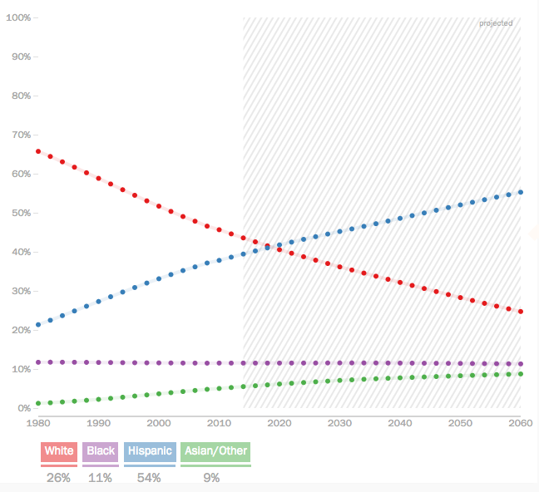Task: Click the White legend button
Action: click(x=59, y=451)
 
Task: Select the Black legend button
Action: click(x=101, y=451)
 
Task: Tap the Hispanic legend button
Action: click(x=150, y=451)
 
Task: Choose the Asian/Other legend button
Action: click(x=215, y=451)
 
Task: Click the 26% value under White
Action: click(x=59, y=478)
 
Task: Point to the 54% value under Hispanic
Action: click(x=150, y=478)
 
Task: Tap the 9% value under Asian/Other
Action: click(x=211, y=478)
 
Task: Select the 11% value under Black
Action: click(x=101, y=478)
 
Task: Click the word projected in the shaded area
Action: click(x=496, y=23)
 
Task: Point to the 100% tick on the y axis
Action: click(x=18, y=17)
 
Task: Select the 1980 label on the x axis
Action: click(x=38, y=423)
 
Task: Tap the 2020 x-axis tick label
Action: click(x=279, y=423)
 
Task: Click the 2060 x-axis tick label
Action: click(x=519, y=423)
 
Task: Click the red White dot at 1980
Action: click(x=38, y=151)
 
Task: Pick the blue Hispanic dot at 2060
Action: click(x=521, y=192)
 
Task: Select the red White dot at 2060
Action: click(x=521, y=312)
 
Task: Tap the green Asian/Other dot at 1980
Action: click(x=38, y=403)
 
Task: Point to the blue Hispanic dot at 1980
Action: click(x=38, y=324)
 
